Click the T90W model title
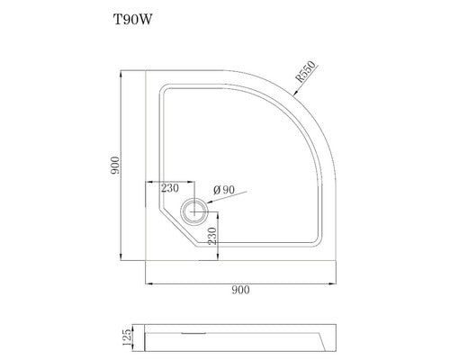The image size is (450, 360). [x=132, y=20]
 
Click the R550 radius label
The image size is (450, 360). [x=306, y=71]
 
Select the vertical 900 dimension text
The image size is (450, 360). [x=115, y=166]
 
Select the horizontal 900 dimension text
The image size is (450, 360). [x=240, y=290]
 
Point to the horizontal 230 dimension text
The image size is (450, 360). [x=170, y=188]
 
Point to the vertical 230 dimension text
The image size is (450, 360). [x=212, y=236]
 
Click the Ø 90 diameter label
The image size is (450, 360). [x=224, y=190]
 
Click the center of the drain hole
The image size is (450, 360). [x=194, y=211]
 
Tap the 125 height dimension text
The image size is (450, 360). [x=128, y=337]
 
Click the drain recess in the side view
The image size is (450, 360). [x=193, y=333]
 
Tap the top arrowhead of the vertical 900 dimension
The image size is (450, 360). [x=121, y=74]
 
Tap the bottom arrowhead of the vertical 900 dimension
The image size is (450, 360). [x=121, y=257]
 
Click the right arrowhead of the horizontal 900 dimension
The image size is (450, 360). [x=333, y=283]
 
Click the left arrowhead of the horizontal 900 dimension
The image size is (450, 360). [x=149, y=283]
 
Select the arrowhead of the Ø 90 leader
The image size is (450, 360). [x=210, y=202]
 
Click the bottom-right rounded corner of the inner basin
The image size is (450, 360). [x=316, y=240]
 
